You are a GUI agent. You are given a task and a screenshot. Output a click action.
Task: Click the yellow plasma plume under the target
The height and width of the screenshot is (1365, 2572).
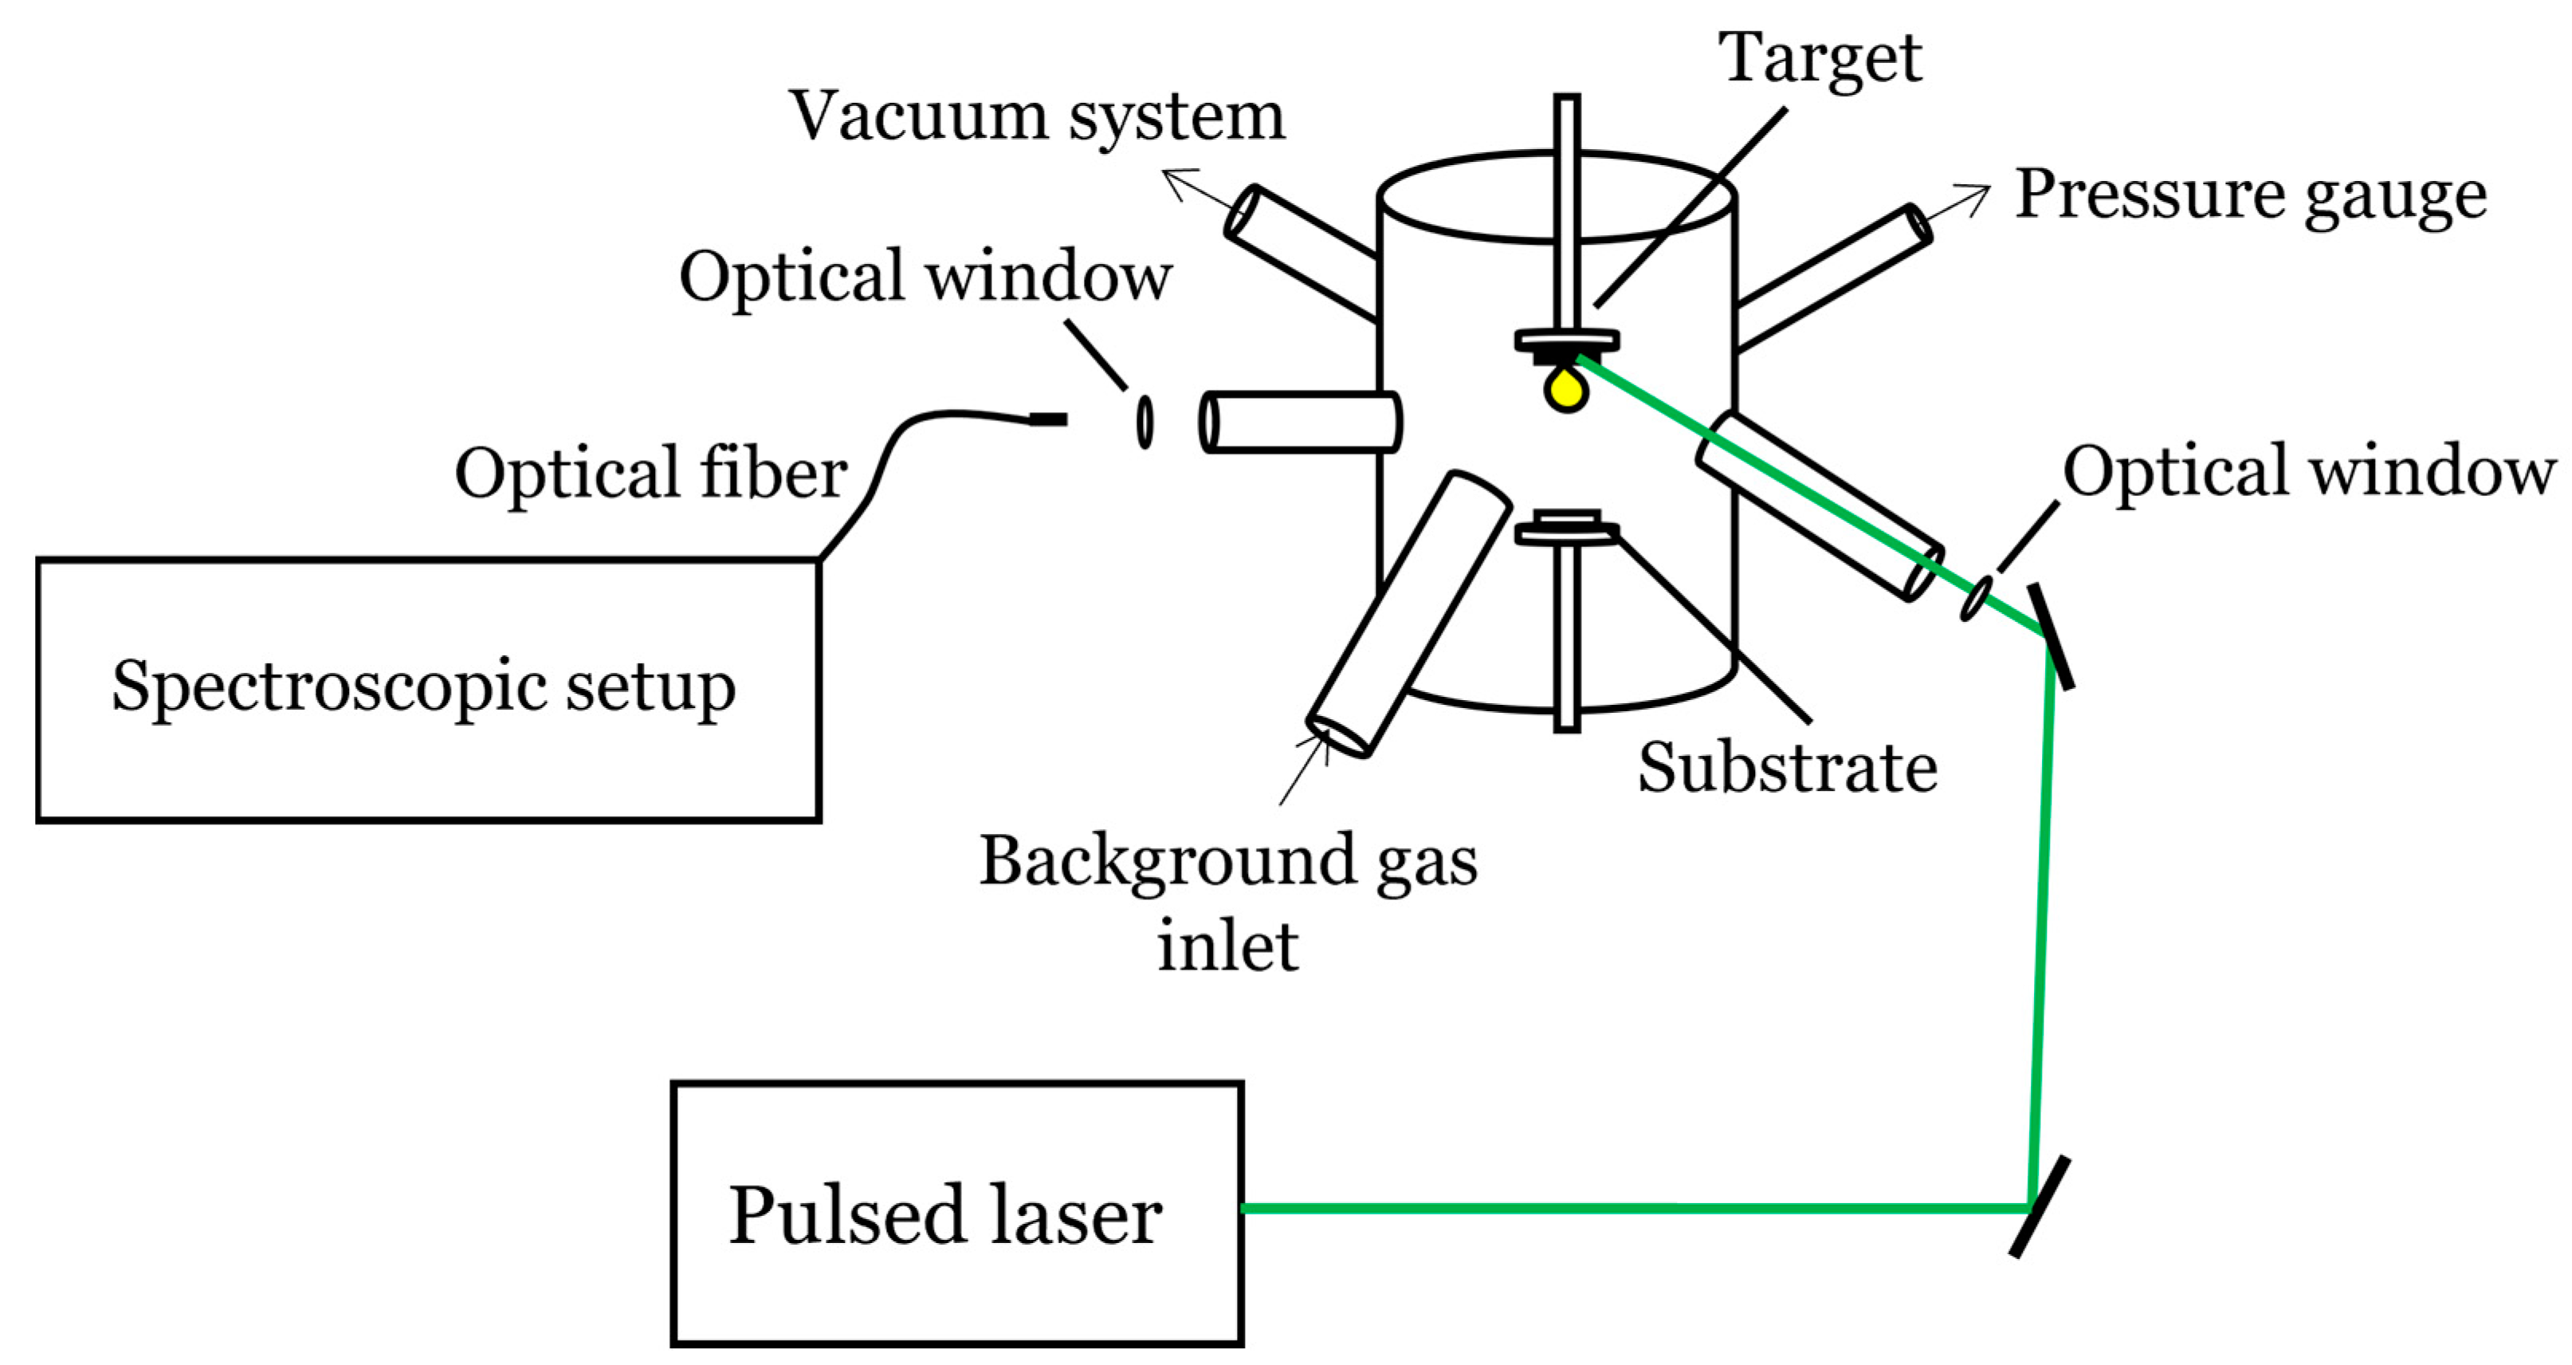1565,388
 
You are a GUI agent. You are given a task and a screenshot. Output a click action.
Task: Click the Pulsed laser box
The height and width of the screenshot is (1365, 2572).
956,1214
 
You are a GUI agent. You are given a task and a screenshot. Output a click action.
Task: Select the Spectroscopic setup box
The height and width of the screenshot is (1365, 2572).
427,689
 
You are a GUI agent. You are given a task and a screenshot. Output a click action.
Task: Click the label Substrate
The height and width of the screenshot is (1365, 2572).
1786,768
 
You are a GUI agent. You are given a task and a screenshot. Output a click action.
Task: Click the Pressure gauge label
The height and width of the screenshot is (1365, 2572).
2251,195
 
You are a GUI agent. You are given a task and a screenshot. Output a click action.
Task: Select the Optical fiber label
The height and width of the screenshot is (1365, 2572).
650,474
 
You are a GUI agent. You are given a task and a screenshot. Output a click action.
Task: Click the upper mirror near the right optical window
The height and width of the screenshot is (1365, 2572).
2050,636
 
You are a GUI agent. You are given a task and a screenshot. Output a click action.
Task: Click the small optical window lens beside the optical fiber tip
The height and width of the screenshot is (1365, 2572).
1145,422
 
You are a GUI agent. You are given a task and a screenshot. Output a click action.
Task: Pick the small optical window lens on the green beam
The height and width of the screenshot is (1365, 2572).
1976,598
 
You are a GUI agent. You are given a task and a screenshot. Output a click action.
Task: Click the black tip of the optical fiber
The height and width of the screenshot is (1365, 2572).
1048,419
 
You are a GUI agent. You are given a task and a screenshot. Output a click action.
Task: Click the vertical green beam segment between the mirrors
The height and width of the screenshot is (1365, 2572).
2042,919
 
